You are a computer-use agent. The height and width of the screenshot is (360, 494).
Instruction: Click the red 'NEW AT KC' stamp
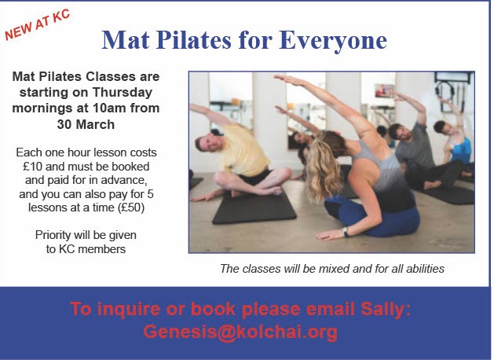pyautogui.click(x=37, y=25)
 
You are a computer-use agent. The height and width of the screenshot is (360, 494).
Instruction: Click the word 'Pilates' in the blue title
pyautogui.click(x=193, y=40)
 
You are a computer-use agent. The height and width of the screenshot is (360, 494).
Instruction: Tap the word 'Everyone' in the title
pyautogui.click(x=333, y=41)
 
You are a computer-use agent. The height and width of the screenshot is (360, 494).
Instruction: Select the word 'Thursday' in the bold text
pyautogui.click(x=123, y=93)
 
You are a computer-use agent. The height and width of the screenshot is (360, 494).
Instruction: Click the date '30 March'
pyautogui.click(x=86, y=124)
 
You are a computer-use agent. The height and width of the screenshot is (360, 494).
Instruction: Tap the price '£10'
pyautogui.click(x=32, y=166)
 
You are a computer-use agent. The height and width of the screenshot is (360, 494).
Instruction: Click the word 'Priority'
pyautogui.click(x=53, y=235)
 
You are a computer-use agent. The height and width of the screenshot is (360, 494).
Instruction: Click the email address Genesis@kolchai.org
pyautogui.click(x=240, y=332)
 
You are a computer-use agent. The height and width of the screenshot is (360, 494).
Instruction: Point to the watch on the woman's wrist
pyautogui.click(x=346, y=232)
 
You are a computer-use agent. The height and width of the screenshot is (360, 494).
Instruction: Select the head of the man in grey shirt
pyautogui.click(x=399, y=132)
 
